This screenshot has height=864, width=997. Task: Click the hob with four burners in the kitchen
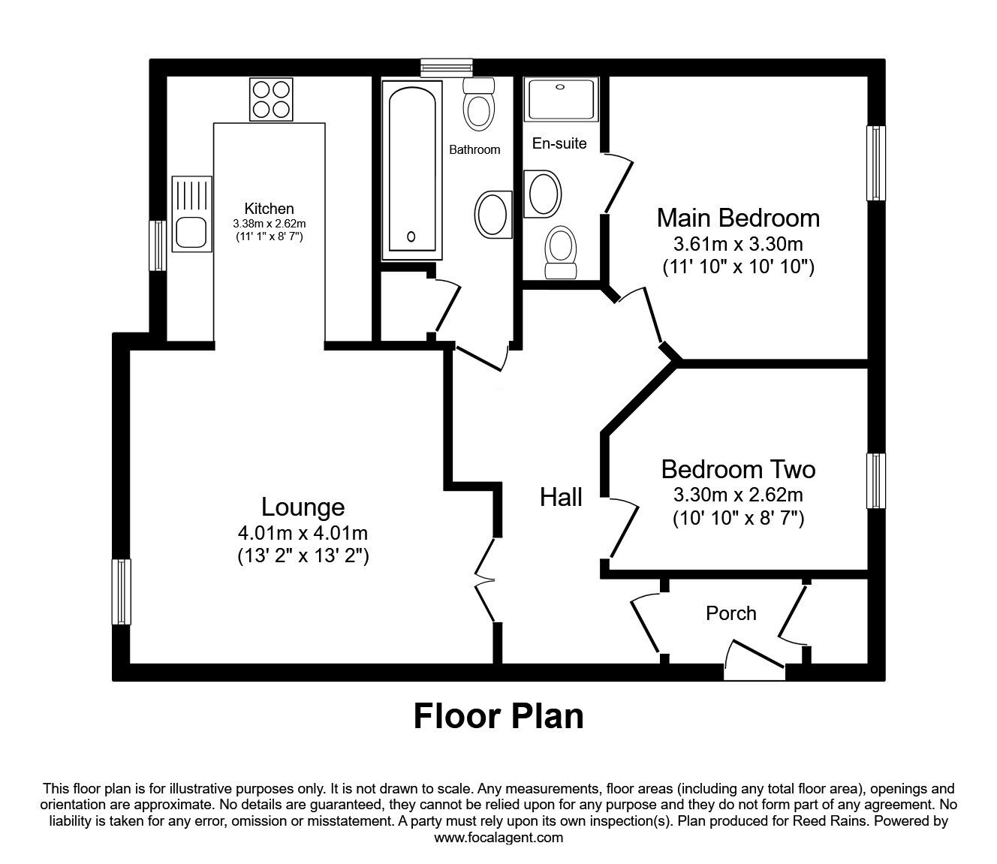click(x=271, y=100)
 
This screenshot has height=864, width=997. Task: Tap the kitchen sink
click(x=191, y=213)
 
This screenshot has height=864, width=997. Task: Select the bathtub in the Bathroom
click(x=409, y=170)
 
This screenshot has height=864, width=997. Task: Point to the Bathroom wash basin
click(x=493, y=212)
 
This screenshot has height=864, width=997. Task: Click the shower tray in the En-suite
click(x=562, y=100)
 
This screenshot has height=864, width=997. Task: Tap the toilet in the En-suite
click(x=562, y=253)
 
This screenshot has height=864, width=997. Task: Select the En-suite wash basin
click(x=544, y=193)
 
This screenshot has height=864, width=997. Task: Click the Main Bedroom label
click(x=738, y=218)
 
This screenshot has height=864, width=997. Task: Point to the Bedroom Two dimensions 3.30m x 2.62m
click(x=738, y=495)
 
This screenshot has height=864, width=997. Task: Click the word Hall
click(x=561, y=497)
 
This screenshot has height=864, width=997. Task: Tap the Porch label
click(x=730, y=613)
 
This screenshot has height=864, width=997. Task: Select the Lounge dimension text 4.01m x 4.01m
click(x=303, y=533)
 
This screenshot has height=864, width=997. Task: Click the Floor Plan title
click(x=498, y=716)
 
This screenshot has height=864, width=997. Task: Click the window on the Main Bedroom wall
click(x=875, y=163)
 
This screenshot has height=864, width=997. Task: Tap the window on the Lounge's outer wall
click(x=121, y=591)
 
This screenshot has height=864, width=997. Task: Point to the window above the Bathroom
click(x=446, y=68)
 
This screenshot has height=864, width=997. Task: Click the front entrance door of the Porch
click(x=755, y=659)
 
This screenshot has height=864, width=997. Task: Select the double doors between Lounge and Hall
click(x=486, y=579)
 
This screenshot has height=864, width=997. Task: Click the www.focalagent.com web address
click(x=498, y=838)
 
